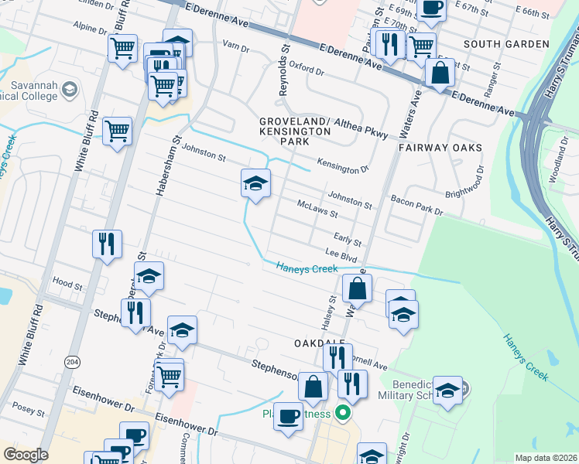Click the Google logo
pos(25,455)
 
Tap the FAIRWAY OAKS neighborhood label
pos(440,147)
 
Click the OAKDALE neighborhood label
pos(318,342)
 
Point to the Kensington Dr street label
pos(343,167)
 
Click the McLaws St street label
pos(318,208)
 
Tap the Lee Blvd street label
pos(340,253)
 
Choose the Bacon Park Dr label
pos(416,206)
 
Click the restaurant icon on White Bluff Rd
pos(106,243)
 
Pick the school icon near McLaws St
pos(256,183)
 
